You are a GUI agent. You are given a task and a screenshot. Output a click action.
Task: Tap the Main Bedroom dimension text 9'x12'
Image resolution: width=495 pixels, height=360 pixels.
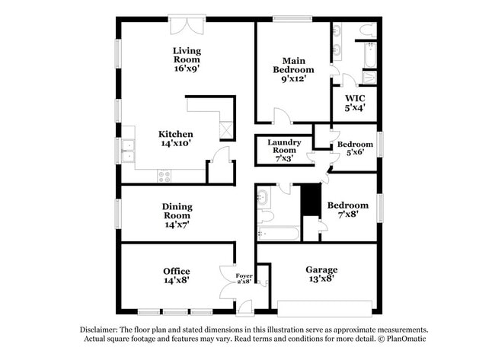pyautogui.click(x=293, y=78)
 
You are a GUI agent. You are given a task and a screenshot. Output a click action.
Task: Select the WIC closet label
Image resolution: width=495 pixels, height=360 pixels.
pyautogui.click(x=355, y=99)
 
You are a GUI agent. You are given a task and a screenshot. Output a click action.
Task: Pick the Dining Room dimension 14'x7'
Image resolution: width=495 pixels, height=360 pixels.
pyautogui.click(x=176, y=225)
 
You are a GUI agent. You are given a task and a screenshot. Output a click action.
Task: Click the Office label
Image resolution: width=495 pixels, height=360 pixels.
pyautogui.click(x=176, y=272)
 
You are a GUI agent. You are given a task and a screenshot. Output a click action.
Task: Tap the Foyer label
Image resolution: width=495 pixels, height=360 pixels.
pyautogui.click(x=243, y=276)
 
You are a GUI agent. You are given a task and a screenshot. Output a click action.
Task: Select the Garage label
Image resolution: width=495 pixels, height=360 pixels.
pyautogui.click(x=321, y=269)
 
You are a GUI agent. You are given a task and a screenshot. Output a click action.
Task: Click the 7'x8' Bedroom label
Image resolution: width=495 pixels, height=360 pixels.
pyautogui.click(x=347, y=205)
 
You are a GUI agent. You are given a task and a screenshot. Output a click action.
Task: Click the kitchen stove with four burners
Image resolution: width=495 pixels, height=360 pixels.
pyautogui.click(x=165, y=175)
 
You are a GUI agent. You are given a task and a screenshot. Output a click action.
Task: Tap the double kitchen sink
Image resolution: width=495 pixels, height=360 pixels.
pyautogui.click(x=128, y=151)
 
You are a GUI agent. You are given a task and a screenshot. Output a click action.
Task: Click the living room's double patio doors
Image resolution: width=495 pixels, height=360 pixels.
pyautogui.click(x=187, y=27)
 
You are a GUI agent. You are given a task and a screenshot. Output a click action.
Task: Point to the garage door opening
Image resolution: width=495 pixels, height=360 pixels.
pyautogui.click(x=324, y=308)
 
